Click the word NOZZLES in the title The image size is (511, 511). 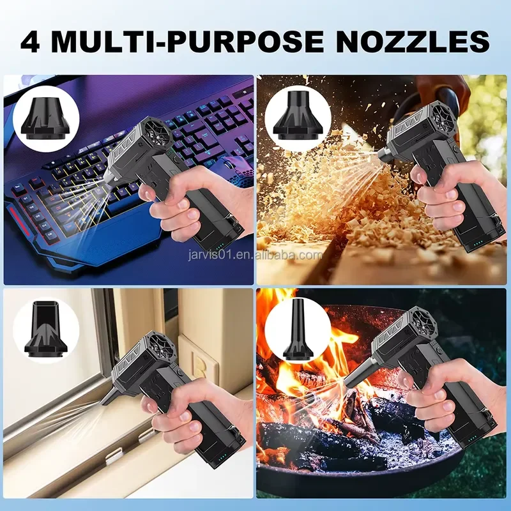pyautogui.click(x=413, y=41)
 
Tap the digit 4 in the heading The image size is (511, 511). pyautogui.click(x=30, y=41)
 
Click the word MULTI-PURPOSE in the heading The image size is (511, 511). pyautogui.click(x=188, y=41)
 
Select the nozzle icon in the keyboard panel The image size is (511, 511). pyautogui.click(x=46, y=118)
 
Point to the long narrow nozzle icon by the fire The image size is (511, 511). pyautogui.click(x=296, y=329)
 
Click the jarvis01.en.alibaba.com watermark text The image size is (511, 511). pyautogui.click(x=255, y=254)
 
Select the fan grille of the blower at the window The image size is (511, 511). pyautogui.click(x=162, y=349)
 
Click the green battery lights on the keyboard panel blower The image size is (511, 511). pyautogui.click(x=218, y=247)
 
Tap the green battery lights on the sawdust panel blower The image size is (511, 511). pyautogui.click(x=478, y=243)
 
